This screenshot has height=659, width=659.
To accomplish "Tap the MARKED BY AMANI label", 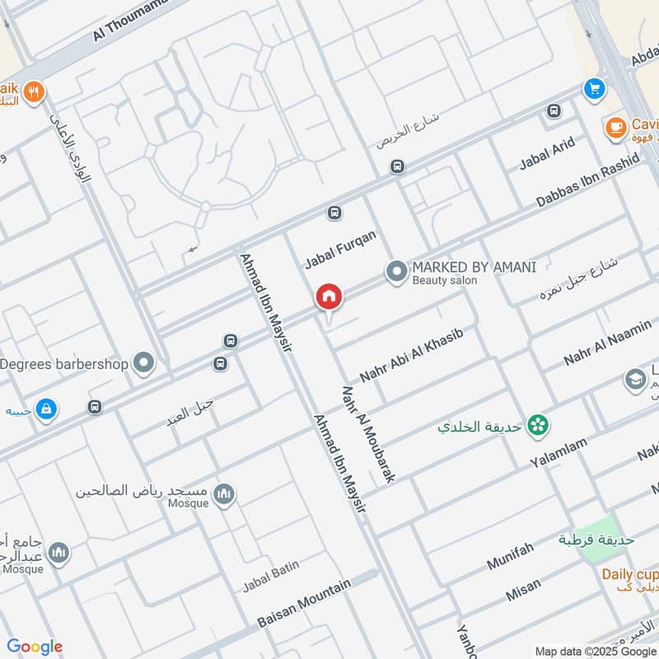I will [x=474, y=267].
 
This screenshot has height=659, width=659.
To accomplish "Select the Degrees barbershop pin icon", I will [x=144, y=362].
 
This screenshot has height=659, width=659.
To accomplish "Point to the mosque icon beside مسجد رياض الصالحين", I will [x=224, y=494].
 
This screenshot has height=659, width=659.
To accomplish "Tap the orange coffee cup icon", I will [x=614, y=128].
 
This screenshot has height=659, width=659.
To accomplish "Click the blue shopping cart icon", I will [x=593, y=89].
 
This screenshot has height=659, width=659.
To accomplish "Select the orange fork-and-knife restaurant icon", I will [x=33, y=92].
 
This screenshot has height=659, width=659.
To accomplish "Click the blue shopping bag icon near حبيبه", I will [x=46, y=408].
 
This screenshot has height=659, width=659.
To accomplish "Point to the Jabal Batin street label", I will [x=269, y=577].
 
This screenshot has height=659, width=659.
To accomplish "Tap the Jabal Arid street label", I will [x=547, y=154].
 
